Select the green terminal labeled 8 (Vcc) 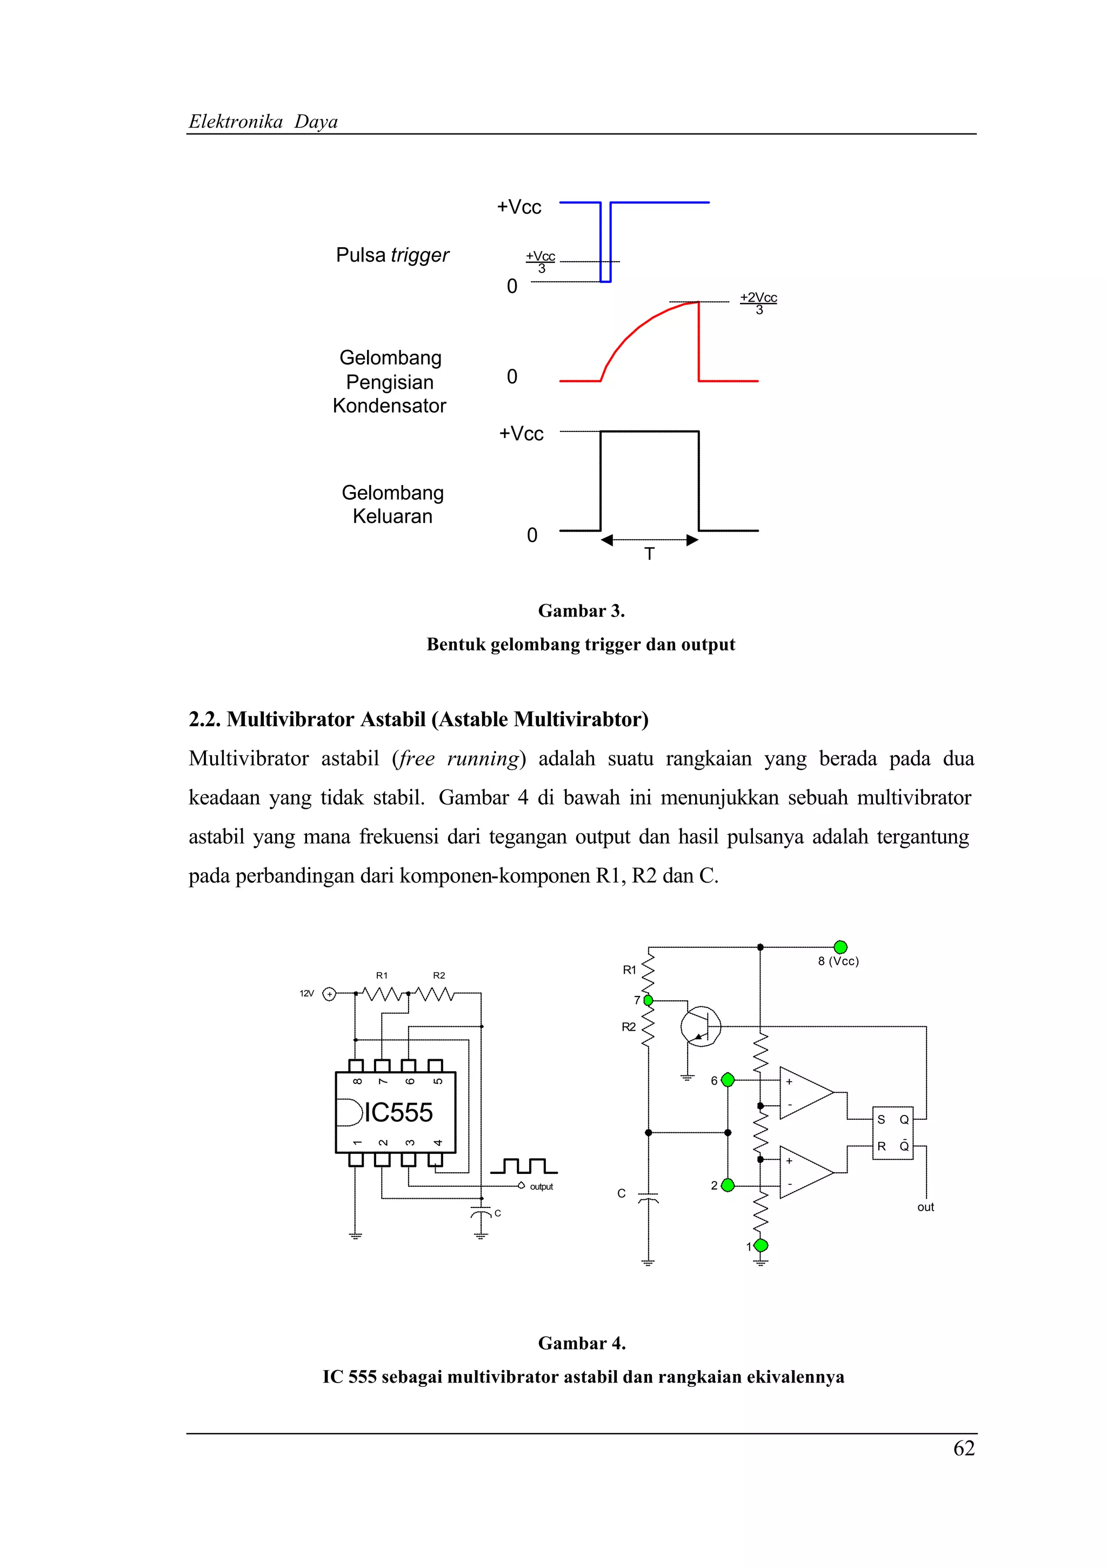(841, 947)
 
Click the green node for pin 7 (648, 1000)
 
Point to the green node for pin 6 (728, 1080)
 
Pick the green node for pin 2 (728, 1185)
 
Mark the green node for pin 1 (761, 1246)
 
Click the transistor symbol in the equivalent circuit (701, 1026)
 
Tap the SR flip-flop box (893, 1133)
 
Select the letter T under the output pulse (649, 554)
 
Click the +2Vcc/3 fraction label (758, 303)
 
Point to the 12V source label (306, 994)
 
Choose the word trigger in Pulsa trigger (420, 255)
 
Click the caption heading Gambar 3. (581, 611)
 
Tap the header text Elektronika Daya (263, 122)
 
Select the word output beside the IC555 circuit (542, 1187)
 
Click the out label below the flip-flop (925, 1207)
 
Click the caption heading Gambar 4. (581, 1343)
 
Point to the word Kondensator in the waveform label (390, 406)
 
